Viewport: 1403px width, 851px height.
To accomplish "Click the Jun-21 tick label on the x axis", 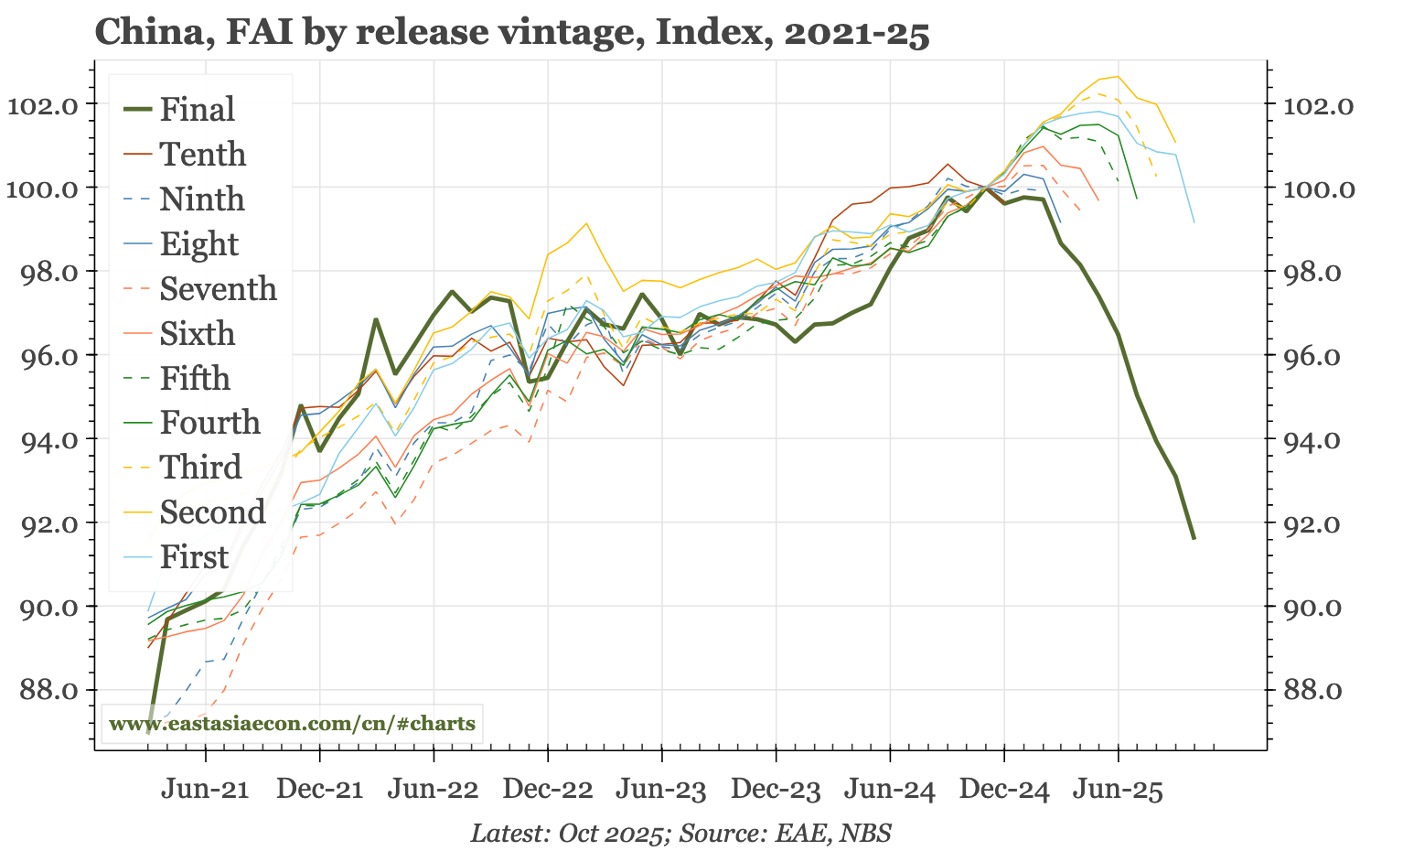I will click(x=205, y=790).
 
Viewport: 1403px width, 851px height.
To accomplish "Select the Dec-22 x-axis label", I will click(x=547, y=790).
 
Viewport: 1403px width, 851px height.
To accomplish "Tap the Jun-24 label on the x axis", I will click(x=890, y=790).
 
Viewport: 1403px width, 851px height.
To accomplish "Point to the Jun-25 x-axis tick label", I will click(x=1118, y=790).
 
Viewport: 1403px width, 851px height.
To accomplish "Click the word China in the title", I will click(x=142, y=33).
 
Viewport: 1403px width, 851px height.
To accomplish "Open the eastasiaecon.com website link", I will click(x=292, y=724).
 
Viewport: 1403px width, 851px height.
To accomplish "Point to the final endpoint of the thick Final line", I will click(x=1194, y=538).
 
